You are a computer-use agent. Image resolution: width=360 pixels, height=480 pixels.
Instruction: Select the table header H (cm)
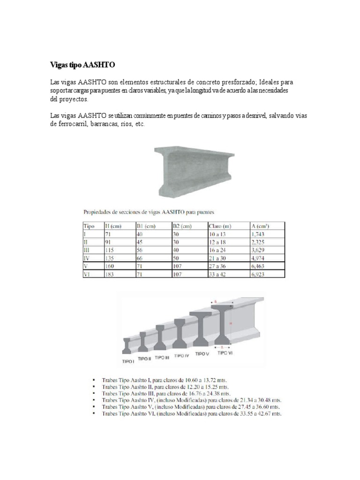113,226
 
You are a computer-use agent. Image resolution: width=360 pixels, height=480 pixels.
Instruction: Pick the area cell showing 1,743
260,234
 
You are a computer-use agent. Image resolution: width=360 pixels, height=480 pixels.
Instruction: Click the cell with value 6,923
260,274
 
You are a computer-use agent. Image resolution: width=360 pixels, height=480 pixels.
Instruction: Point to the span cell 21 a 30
218,258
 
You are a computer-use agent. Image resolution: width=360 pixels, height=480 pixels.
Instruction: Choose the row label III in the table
86,250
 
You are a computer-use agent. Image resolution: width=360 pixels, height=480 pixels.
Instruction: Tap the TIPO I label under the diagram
128,361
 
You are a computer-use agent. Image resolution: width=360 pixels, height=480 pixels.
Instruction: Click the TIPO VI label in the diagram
225,353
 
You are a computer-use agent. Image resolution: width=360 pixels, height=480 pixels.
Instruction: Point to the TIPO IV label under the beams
181,356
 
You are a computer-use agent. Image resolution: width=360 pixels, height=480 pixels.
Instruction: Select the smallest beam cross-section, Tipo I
127,346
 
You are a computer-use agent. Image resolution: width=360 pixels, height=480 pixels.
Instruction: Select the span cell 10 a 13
218,234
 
